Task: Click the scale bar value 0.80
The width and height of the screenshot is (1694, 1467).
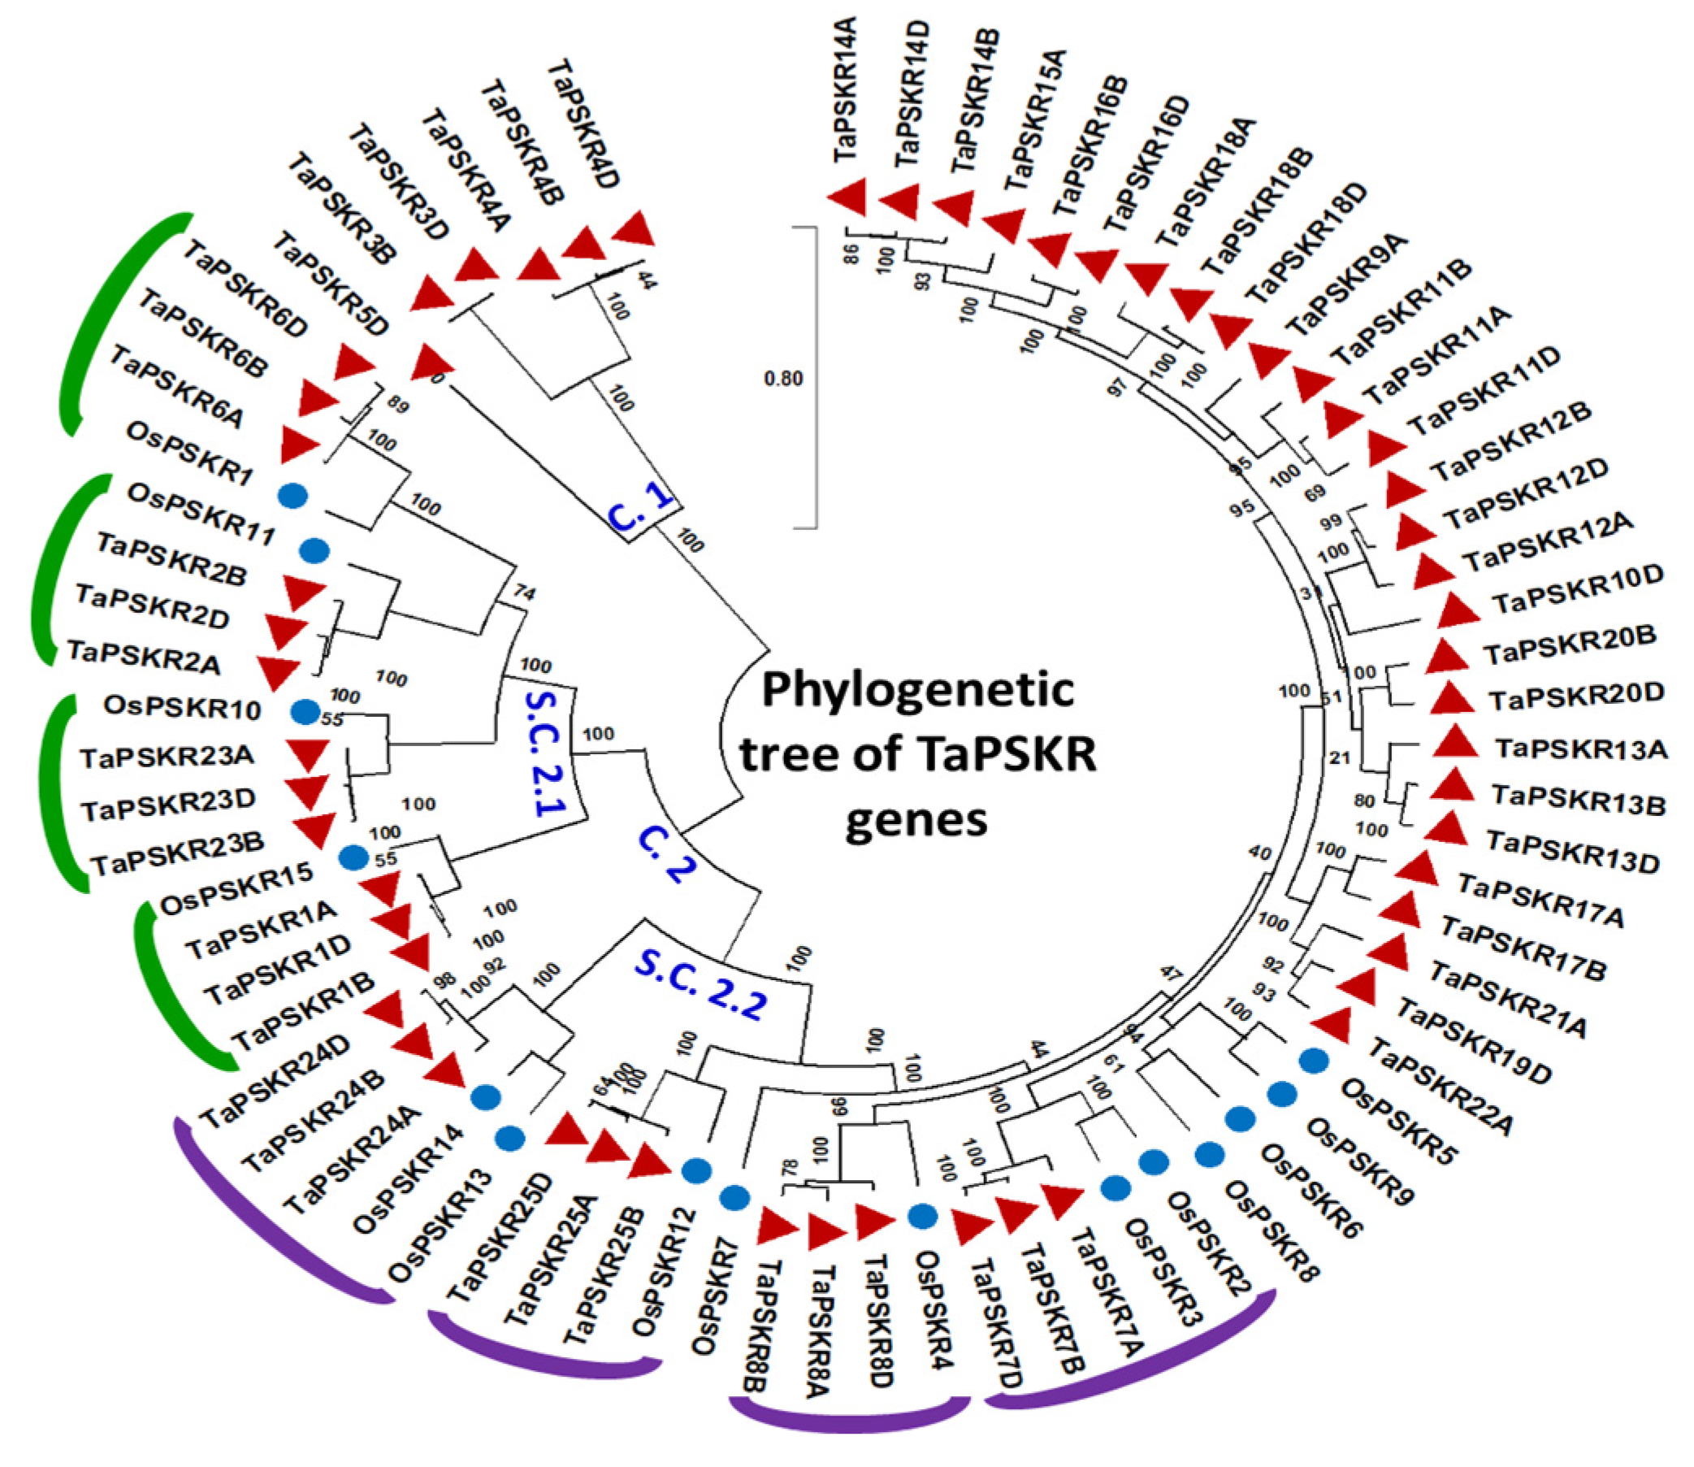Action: (x=783, y=379)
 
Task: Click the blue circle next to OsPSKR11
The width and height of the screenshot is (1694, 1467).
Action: (x=314, y=551)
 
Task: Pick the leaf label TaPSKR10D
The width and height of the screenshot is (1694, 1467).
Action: (x=1578, y=589)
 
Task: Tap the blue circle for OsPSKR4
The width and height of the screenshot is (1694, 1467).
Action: (x=922, y=1217)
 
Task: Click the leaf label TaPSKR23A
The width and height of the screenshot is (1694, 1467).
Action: (x=167, y=757)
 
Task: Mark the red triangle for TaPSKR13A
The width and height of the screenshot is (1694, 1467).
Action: (x=1454, y=743)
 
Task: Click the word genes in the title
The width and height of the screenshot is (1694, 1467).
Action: (x=916, y=818)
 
